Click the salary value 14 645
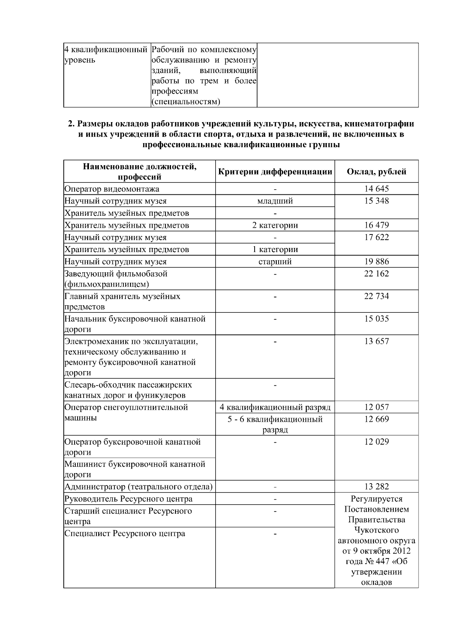pyautogui.click(x=376, y=189)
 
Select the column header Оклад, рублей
pyautogui.click(x=376, y=172)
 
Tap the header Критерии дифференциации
pyautogui.click(x=275, y=172)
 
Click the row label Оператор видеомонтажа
pyautogui.click(x=112, y=189)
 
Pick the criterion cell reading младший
pyautogui.click(x=275, y=201)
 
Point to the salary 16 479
pyautogui.click(x=376, y=225)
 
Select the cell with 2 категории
pyautogui.click(x=275, y=225)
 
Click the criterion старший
pyautogui.click(x=275, y=261)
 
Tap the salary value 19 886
pyautogui.click(x=376, y=261)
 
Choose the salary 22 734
pyautogui.click(x=376, y=296)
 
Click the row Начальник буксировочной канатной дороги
pyautogui.click(x=135, y=324)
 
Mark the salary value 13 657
pyautogui.click(x=376, y=341)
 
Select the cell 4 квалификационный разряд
pyautogui.click(x=275, y=407)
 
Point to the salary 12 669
pyautogui.click(x=376, y=419)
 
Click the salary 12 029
pyautogui.click(x=376, y=442)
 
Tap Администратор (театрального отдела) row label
pyautogui.click(x=138, y=487)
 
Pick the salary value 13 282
pyautogui.click(x=376, y=487)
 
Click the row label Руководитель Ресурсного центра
pyautogui.click(x=128, y=499)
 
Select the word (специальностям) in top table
pyautogui.click(x=185, y=102)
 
